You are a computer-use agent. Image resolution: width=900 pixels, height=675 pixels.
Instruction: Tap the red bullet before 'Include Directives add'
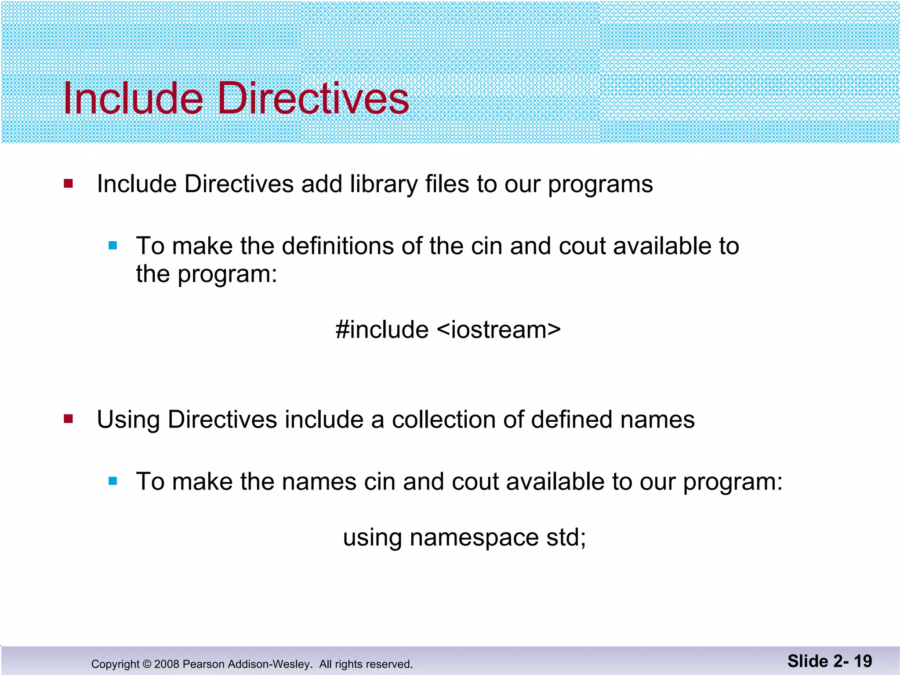tap(68, 183)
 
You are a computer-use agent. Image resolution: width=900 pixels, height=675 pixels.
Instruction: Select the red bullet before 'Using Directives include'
tap(68, 418)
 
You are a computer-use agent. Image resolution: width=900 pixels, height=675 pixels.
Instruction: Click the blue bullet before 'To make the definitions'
tap(113, 246)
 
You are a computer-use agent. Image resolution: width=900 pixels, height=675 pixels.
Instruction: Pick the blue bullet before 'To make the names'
tap(113, 481)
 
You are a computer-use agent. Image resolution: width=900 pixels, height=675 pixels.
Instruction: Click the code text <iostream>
tap(499, 330)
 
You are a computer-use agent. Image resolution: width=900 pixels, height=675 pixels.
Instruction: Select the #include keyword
tap(382, 330)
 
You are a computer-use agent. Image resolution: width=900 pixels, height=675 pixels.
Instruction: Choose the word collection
tap(443, 419)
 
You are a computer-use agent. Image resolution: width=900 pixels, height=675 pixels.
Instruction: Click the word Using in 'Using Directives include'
tap(128, 420)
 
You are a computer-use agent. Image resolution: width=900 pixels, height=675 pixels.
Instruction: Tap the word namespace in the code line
tap(474, 538)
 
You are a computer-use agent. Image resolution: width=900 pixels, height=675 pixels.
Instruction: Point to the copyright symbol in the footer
tap(147, 664)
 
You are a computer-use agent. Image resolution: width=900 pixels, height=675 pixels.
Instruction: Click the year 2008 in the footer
tap(167, 664)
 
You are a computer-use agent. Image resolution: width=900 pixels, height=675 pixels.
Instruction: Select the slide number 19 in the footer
tap(863, 661)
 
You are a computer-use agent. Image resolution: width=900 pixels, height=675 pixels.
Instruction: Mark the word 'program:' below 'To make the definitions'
tap(227, 275)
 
